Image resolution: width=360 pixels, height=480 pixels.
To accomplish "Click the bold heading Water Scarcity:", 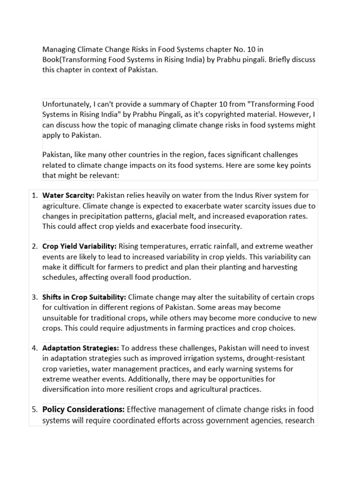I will click(68, 195).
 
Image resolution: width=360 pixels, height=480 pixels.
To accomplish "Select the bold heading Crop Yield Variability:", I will click(79, 247).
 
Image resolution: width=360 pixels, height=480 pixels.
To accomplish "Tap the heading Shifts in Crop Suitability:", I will click(84, 298).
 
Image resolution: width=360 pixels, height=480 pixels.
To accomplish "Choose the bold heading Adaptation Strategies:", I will click(81, 348).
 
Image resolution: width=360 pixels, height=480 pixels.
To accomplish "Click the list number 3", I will click(35, 298).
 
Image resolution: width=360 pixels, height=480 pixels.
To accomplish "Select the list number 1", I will click(35, 195).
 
